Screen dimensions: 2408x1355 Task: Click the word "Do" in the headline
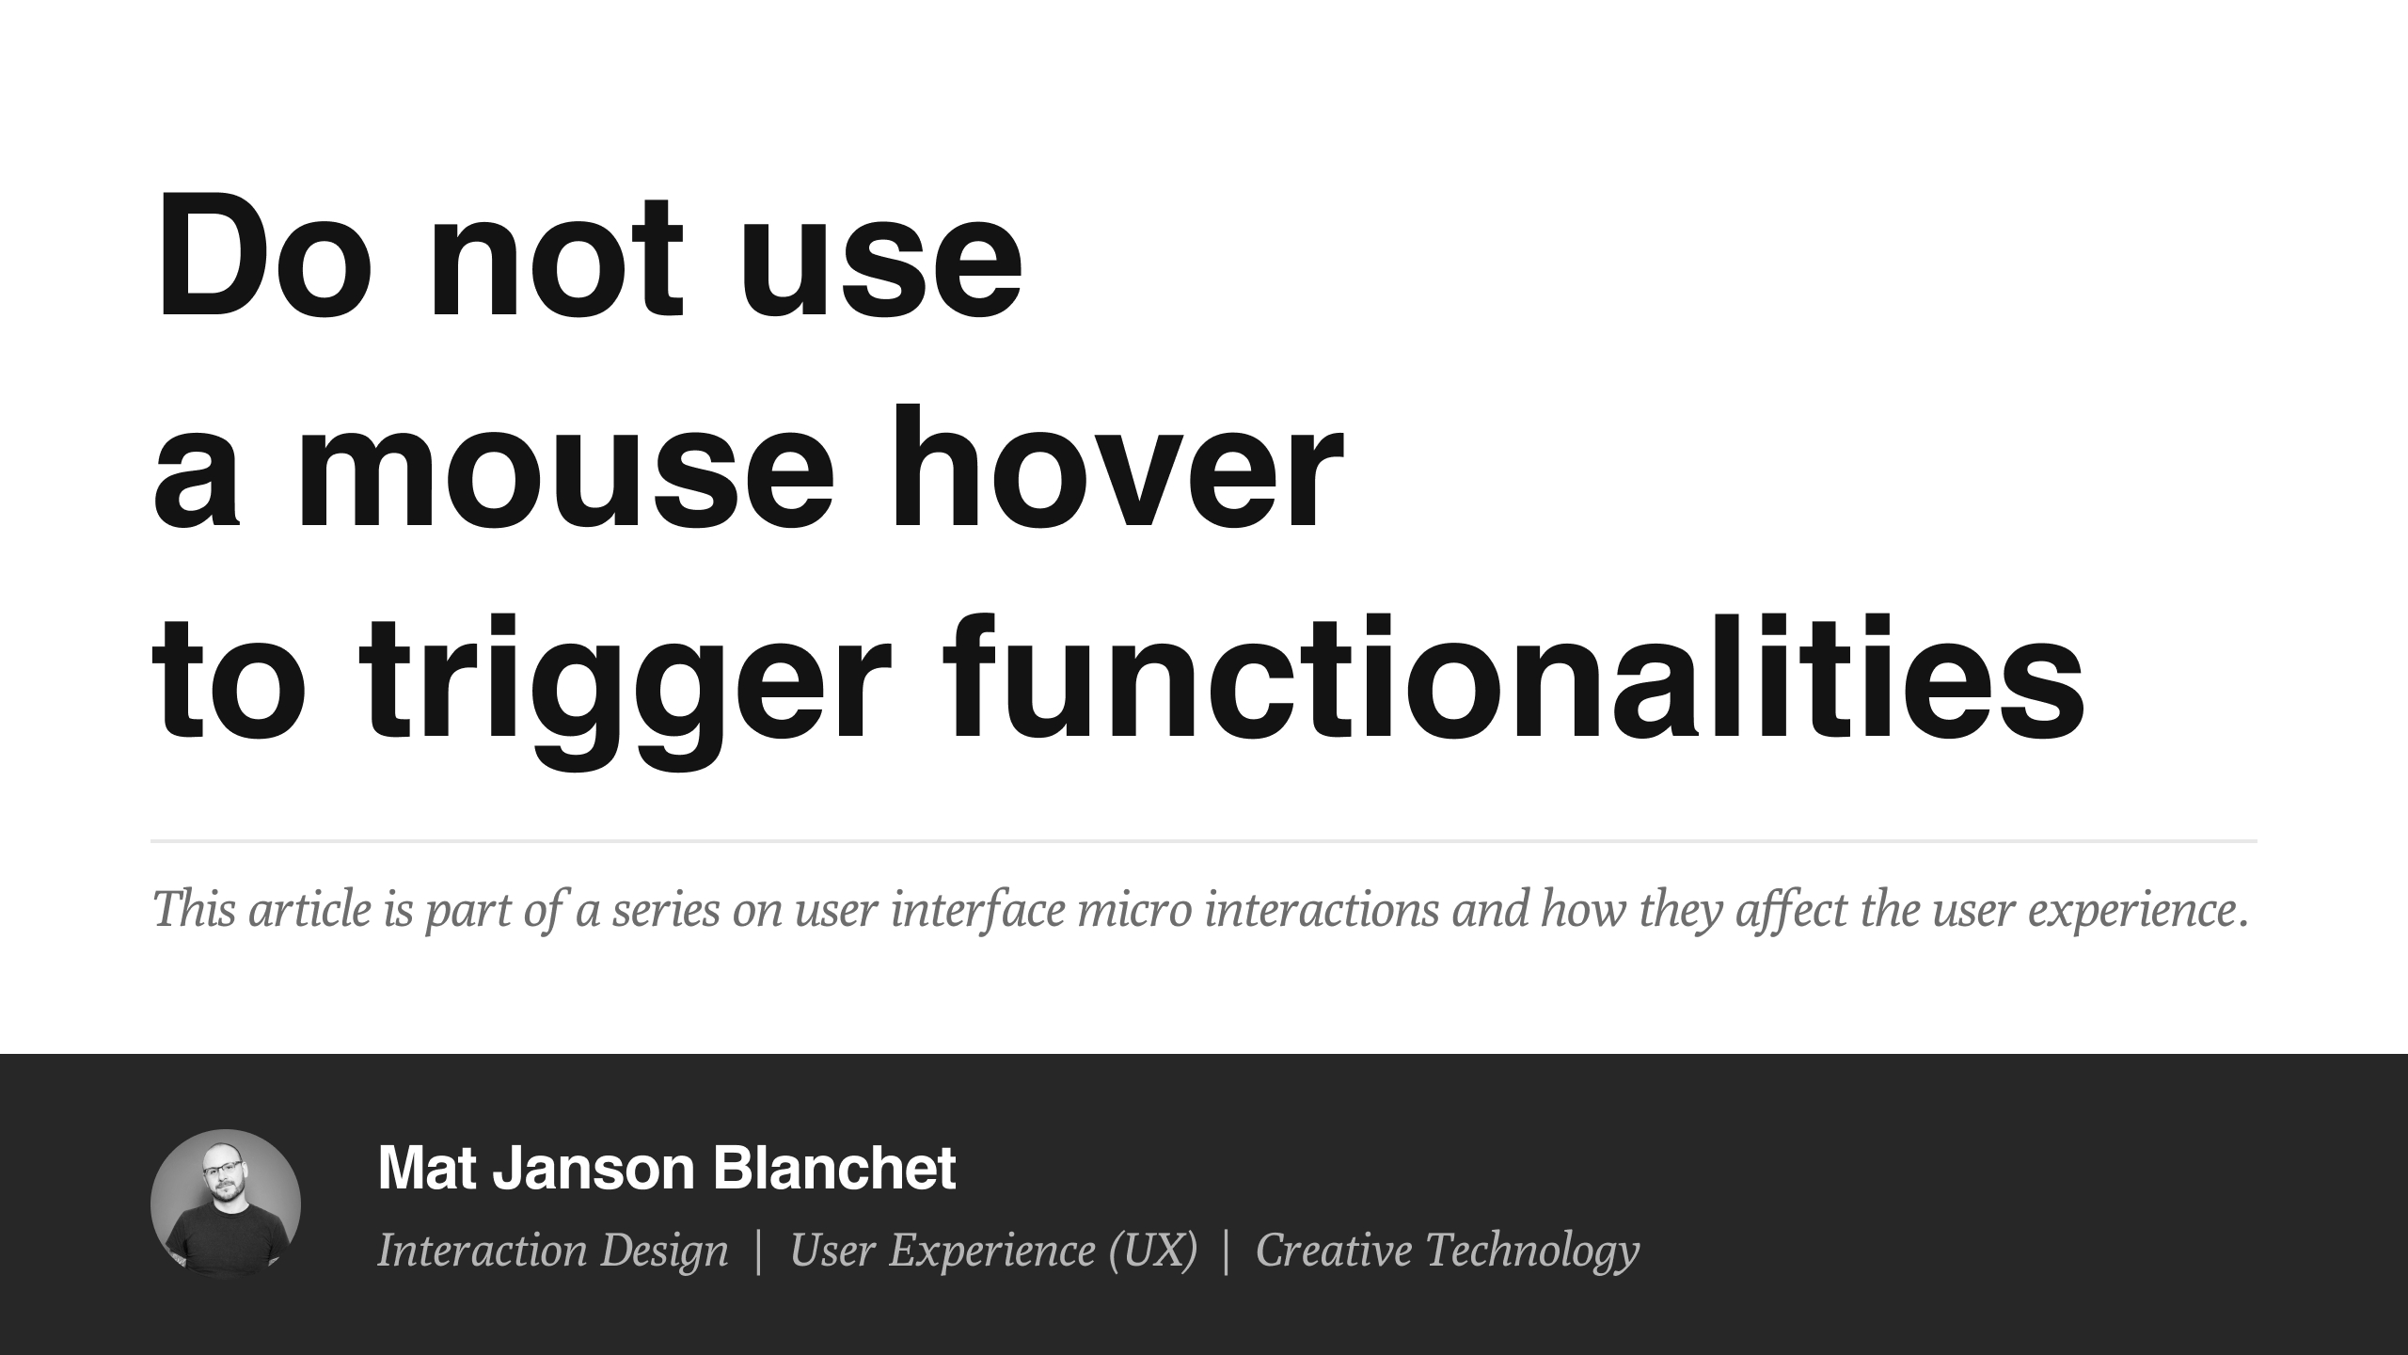pyautogui.click(x=261, y=256)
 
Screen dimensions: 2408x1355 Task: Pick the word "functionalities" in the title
pyautogui.click(x=1514, y=677)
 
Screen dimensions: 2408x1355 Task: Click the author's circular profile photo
pyautogui.click(x=226, y=1204)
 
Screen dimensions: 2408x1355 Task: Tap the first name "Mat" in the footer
pyautogui.click(x=426, y=1168)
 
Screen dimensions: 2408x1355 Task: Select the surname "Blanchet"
pyautogui.click(x=834, y=1168)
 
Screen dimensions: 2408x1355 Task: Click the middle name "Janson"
pyautogui.click(x=594, y=1168)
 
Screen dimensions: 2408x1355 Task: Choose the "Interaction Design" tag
pyautogui.click(x=553, y=1250)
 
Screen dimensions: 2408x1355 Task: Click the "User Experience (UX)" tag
pyautogui.click(x=993, y=1251)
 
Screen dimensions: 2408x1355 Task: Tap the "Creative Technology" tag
pyautogui.click(x=1448, y=1251)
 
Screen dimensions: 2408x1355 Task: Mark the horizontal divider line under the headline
pyautogui.click(x=1204, y=840)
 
